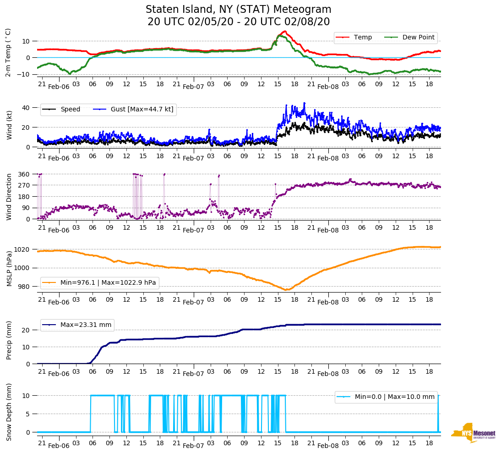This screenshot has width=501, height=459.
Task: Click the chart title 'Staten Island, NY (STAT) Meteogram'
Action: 238,10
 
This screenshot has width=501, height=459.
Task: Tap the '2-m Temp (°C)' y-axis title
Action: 8,52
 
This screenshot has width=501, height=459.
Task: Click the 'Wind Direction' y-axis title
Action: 9,196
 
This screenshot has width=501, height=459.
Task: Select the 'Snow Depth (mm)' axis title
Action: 9,412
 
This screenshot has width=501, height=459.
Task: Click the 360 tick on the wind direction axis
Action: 24,174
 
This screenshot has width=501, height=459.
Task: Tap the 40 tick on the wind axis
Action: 26,108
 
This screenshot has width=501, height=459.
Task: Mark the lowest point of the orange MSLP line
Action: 286,290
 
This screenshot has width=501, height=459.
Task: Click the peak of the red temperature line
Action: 285,31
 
